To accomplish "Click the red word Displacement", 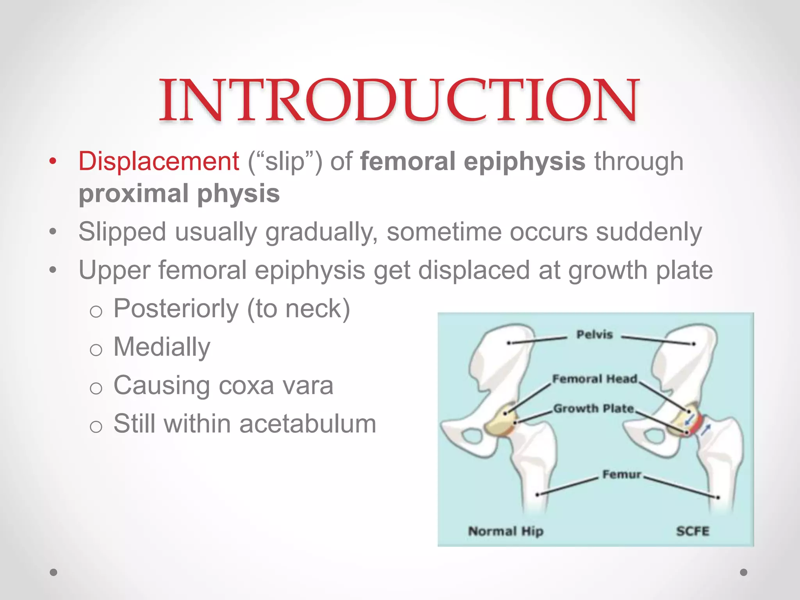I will (x=159, y=161).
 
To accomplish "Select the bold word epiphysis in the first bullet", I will (x=524, y=162).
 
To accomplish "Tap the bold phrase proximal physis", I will (x=179, y=193).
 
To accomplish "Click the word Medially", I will (x=162, y=347).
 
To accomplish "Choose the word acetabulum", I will (x=308, y=424).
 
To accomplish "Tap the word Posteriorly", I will (x=176, y=309).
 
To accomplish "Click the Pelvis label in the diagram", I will (x=595, y=334).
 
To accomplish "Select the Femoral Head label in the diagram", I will (x=595, y=379).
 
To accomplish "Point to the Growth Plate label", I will (x=594, y=408).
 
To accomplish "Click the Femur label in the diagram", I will (x=622, y=474).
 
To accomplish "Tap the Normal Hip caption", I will (x=506, y=531).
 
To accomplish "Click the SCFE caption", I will (x=693, y=531).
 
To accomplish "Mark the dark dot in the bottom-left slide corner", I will (x=54, y=572).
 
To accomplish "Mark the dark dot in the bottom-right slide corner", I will (x=744, y=572).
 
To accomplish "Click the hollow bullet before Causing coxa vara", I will (x=96, y=388).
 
